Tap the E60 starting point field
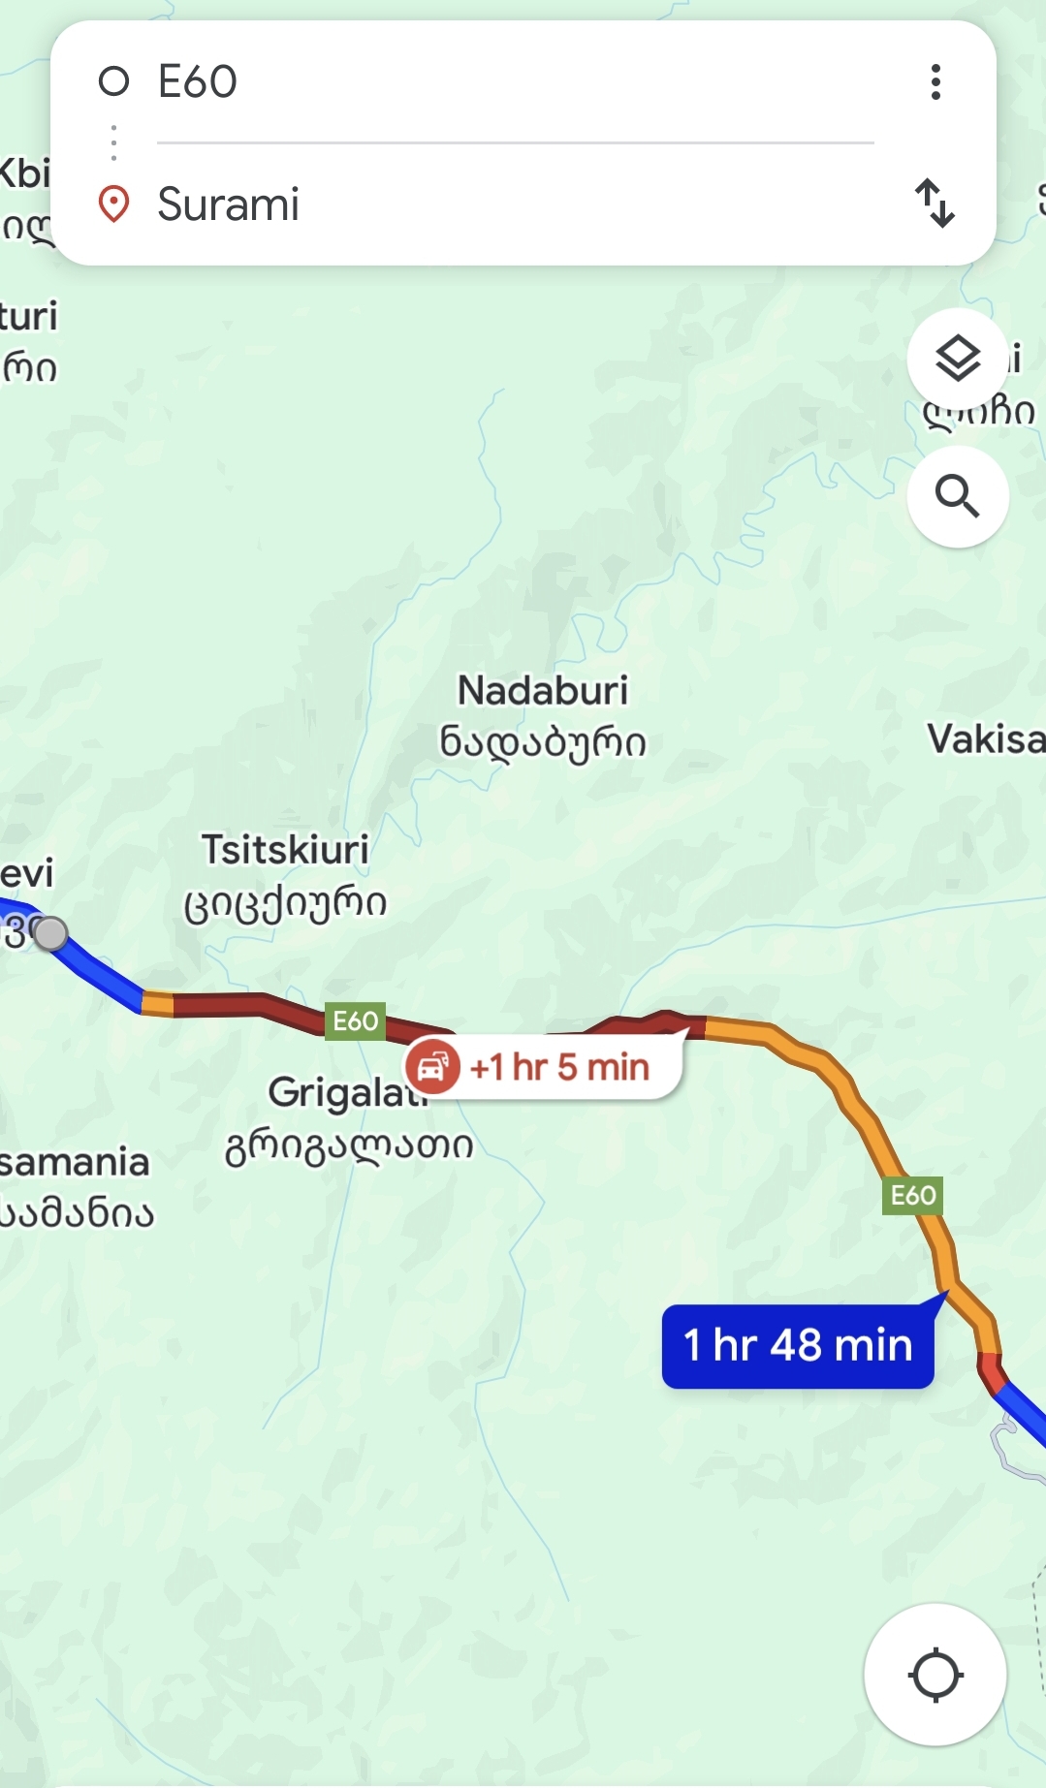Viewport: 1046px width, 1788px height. (x=485, y=81)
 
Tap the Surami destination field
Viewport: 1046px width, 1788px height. (x=485, y=204)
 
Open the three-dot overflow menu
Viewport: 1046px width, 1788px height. (x=935, y=82)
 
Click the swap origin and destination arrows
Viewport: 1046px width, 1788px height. (x=935, y=204)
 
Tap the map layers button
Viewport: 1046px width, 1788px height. (x=958, y=360)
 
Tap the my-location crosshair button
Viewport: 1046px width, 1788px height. (x=935, y=1675)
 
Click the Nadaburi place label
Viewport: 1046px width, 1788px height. (x=543, y=692)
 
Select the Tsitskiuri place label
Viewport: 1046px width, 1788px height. (x=285, y=850)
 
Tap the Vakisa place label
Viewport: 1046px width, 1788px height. (x=985, y=739)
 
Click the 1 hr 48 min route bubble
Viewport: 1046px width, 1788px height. (x=798, y=1345)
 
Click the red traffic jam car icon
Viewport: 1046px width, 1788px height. (x=432, y=1066)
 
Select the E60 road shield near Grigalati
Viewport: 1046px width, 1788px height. (x=356, y=1021)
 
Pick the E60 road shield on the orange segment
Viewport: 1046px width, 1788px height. (x=913, y=1196)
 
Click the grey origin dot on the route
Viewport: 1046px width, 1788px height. (x=50, y=932)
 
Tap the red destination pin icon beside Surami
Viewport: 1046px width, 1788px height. (x=114, y=204)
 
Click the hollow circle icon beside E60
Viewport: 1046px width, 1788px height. (x=114, y=81)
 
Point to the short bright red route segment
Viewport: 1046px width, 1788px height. (x=992, y=1372)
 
